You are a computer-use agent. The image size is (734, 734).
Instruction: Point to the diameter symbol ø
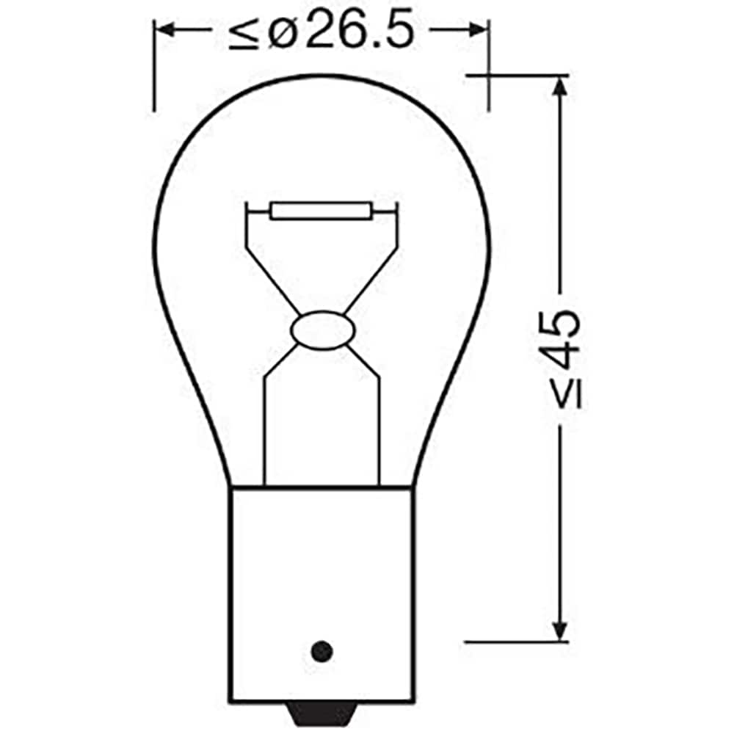tap(280, 33)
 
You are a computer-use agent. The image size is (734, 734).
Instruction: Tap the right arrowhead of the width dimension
tap(478, 30)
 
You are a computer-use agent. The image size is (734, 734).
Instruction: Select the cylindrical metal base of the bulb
tap(321, 573)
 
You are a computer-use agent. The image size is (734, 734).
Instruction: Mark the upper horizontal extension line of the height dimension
tap(514, 75)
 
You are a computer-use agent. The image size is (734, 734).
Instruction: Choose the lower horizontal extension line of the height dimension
tap(514, 641)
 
